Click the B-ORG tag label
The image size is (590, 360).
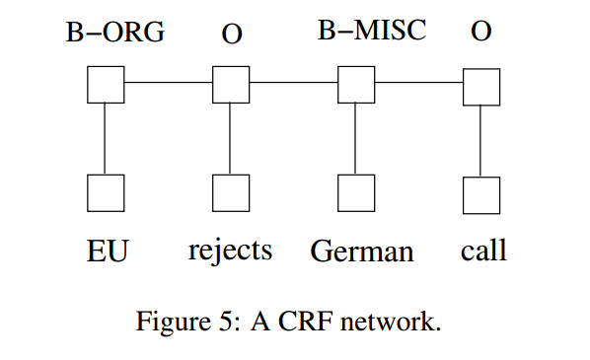[114, 33]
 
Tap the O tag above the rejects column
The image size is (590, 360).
[232, 34]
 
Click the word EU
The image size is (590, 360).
[107, 251]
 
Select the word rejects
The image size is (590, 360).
[230, 251]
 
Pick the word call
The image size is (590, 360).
[483, 251]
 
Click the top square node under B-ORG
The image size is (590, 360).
[106, 85]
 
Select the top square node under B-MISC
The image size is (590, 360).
[356, 85]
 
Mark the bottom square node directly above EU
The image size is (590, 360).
[106, 193]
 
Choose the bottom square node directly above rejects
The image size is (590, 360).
[231, 193]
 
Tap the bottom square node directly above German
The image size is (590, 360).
[356, 193]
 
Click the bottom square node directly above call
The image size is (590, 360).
[481, 193]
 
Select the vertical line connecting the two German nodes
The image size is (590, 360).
[356, 139]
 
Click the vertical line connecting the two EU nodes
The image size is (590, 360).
[106, 139]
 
